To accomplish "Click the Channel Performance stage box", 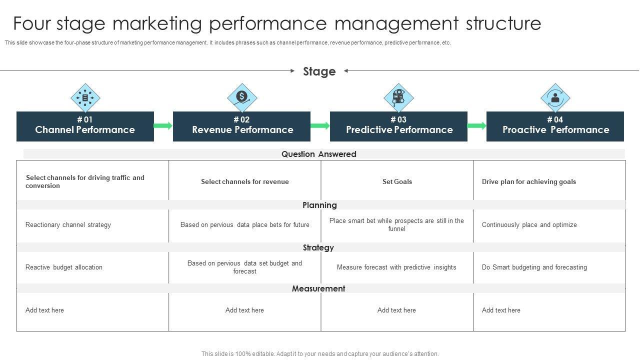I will coord(85,126).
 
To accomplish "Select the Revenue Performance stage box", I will coord(242,126).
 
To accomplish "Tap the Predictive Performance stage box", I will coord(398,126).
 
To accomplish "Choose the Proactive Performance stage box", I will coord(555,126).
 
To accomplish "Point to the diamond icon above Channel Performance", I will coord(85,97).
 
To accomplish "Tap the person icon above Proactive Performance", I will coord(555,97).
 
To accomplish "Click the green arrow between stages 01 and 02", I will coord(163,126).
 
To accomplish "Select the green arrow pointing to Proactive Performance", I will coord(476,126).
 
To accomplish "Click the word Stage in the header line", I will coord(319,71).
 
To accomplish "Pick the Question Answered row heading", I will coord(319,154).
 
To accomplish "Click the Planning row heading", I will coord(319,205).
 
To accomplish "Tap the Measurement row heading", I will coord(318,288).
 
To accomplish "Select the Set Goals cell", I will coord(397,181).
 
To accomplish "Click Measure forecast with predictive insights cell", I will coord(396,267).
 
